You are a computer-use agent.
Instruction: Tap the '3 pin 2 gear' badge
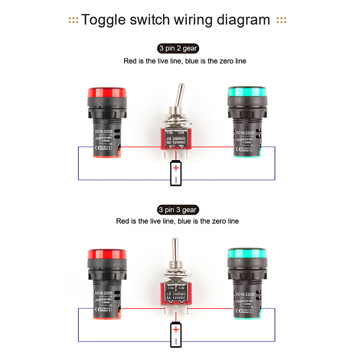(x=178, y=48)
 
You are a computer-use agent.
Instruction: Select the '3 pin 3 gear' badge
(x=178, y=210)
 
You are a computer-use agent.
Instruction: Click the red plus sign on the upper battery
(x=176, y=168)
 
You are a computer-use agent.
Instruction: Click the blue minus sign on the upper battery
(x=176, y=180)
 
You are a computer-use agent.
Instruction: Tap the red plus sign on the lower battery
(x=176, y=330)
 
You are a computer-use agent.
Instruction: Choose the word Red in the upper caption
(x=130, y=61)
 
